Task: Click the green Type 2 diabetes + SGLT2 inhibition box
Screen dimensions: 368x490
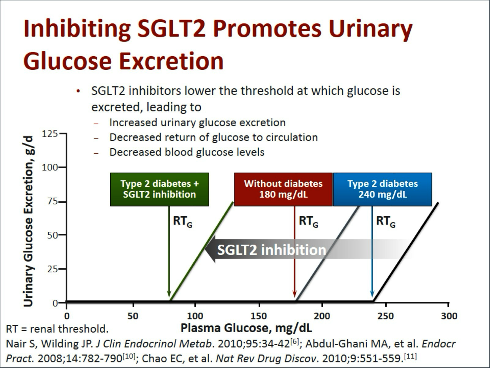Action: (160, 189)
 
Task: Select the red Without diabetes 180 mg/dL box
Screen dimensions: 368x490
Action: (283, 189)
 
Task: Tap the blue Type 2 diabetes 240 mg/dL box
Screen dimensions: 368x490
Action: (382, 189)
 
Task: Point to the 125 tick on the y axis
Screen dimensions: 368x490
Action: (50, 134)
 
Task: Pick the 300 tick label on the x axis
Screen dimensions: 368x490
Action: (449, 316)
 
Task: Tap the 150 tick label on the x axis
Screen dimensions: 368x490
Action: (259, 316)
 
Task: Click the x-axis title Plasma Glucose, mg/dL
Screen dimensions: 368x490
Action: (246, 328)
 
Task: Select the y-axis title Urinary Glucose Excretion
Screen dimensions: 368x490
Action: (29, 221)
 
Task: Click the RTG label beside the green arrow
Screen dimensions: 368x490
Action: (182, 221)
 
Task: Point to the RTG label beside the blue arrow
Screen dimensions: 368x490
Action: (386, 221)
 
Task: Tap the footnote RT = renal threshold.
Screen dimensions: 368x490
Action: (57, 329)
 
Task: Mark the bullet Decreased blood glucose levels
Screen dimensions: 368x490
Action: (187, 152)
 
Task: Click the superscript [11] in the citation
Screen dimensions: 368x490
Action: (410, 356)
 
